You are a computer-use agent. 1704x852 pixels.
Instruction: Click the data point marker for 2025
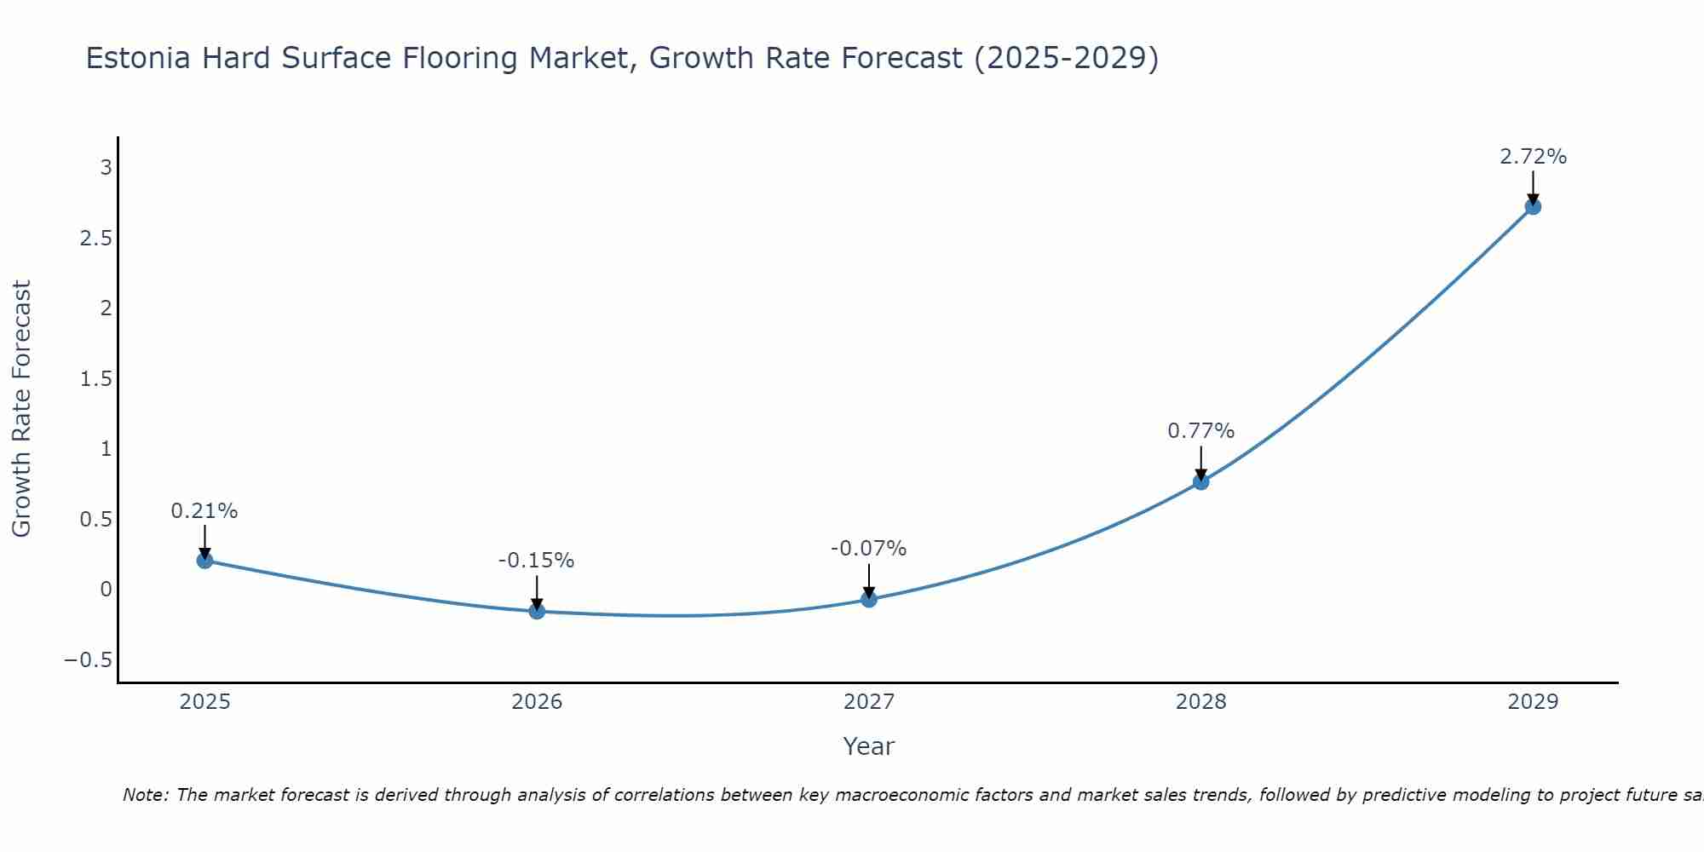[x=204, y=560]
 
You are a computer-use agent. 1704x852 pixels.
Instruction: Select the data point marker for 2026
[x=537, y=611]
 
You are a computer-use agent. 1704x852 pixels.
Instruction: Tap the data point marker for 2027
[x=869, y=599]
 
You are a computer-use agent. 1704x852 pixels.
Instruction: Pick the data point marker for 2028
[x=1200, y=481]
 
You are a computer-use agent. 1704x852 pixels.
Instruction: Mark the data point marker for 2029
[x=1533, y=206]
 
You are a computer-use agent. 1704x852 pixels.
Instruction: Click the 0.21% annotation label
[x=204, y=511]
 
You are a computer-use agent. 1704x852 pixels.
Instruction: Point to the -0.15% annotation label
[x=536, y=561]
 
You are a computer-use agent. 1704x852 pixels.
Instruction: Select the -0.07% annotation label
[x=868, y=549]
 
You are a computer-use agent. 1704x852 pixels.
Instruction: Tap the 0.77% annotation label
[x=1200, y=431]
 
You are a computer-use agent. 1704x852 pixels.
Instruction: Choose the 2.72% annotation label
[x=1533, y=157]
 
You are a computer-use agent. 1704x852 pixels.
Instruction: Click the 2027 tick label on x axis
[x=868, y=702]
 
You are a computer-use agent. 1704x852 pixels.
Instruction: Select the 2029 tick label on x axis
[x=1533, y=702]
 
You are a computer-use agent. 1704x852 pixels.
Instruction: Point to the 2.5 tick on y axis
[x=95, y=238]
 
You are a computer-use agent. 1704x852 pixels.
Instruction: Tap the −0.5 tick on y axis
[x=88, y=660]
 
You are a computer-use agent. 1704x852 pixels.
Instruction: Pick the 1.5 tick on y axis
[x=95, y=378]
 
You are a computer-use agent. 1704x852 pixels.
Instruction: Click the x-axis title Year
[x=868, y=746]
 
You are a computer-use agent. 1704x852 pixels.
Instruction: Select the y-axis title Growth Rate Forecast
[x=21, y=409]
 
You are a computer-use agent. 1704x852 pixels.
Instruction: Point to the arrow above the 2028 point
[x=1200, y=463]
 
